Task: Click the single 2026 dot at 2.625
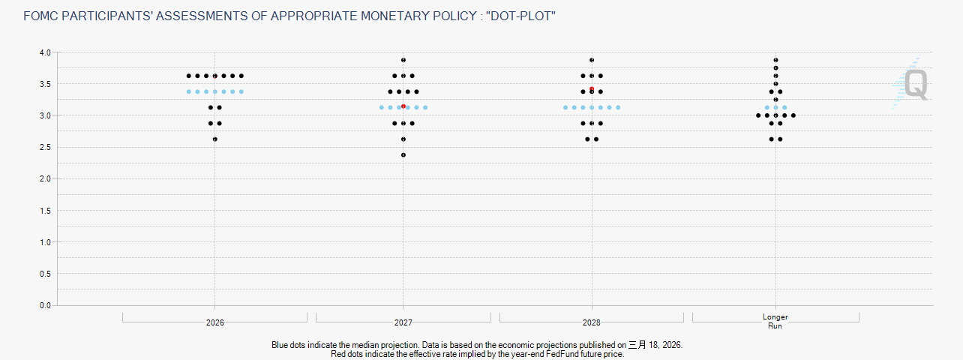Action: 215,139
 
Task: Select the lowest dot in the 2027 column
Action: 403,155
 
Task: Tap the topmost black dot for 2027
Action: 403,60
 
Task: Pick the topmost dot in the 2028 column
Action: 592,60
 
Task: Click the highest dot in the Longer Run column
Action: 775,60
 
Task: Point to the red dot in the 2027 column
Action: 403,106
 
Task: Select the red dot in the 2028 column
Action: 592,89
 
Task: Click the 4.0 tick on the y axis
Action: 45,52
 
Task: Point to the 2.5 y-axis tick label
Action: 45,147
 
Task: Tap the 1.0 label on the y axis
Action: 45,242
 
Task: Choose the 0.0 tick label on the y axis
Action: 45,305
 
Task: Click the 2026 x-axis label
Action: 215,322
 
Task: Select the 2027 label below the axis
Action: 403,322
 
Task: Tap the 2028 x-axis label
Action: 592,322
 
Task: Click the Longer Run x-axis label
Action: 775,321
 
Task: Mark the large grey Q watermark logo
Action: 916,85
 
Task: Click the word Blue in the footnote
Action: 280,345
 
